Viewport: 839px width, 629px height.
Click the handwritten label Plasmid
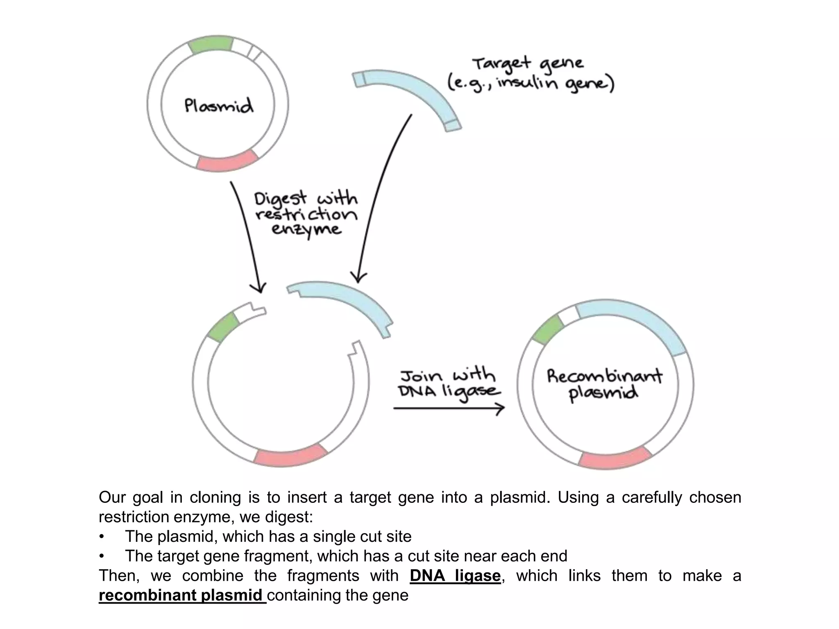pyautogui.click(x=218, y=105)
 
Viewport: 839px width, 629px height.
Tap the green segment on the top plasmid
pyautogui.click(x=211, y=45)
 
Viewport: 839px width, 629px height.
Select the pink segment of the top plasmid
pyautogui.click(x=228, y=161)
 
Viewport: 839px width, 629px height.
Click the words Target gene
pyautogui.click(x=528, y=64)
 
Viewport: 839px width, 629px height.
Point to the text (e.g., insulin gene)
pyautogui.click(x=531, y=84)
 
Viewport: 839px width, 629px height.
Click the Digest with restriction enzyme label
pyautogui.click(x=306, y=214)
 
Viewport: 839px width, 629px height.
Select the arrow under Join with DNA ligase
pyautogui.click(x=449, y=408)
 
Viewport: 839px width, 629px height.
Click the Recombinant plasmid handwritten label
pyautogui.click(x=604, y=385)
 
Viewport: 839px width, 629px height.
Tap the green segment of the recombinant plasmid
pyautogui.click(x=548, y=330)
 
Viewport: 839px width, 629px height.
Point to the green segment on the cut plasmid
pyautogui.click(x=223, y=326)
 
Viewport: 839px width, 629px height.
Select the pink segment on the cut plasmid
pyautogui.click(x=290, y=455)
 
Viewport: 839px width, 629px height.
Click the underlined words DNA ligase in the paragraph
pyautogui.click(x=455, y=576)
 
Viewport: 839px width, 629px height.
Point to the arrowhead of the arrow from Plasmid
pyautogui.click(x=259, y=288)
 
